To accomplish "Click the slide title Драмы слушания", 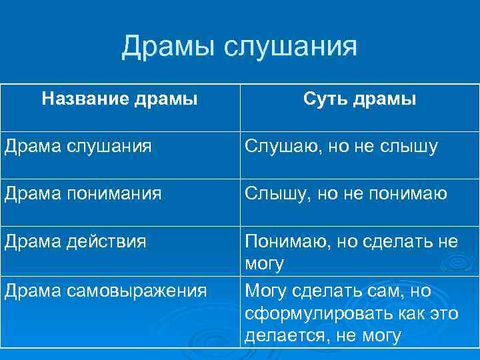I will [x=239, y=47].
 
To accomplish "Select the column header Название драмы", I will [x=119, y=99].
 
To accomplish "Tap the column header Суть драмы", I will [x=359, y=99].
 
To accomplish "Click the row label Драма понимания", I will [x=83, y=193].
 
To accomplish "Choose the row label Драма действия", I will [x=75, y=241].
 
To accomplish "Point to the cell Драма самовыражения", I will [x=105, y=291].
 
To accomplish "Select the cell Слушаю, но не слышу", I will [x=341, y=146].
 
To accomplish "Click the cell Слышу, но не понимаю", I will [x=345, y=193].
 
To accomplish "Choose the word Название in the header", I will [x=85, y=99].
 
